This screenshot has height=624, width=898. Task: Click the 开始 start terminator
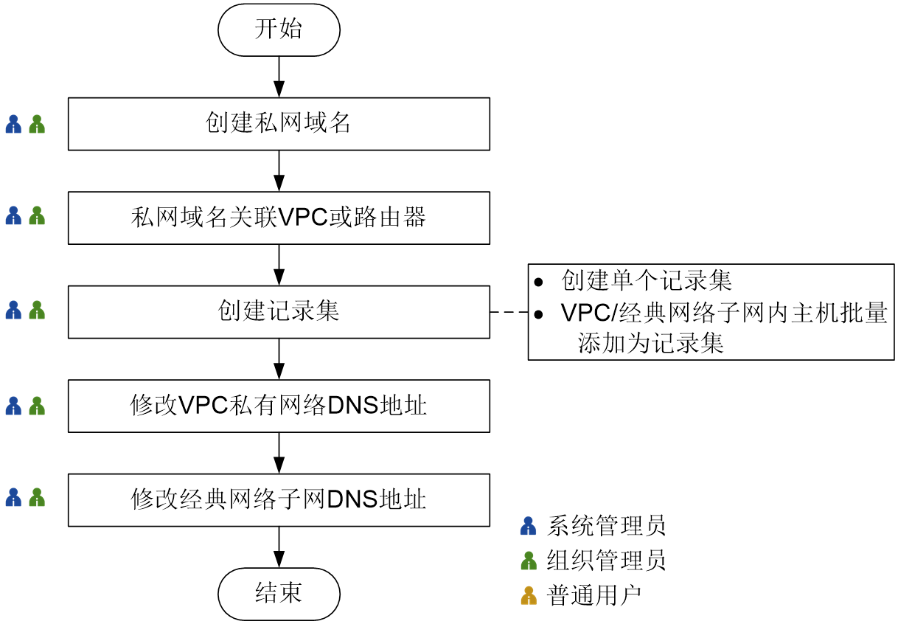279,30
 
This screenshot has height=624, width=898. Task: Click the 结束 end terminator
279,594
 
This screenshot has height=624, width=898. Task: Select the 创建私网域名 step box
279,124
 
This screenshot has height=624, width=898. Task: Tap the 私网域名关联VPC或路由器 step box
279,218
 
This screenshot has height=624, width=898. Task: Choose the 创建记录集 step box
279,312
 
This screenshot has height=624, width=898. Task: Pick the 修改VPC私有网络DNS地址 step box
279,406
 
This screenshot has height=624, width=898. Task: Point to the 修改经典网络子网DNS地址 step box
279,500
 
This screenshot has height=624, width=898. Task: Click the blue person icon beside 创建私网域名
13,124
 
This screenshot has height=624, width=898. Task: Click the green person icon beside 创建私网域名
37,124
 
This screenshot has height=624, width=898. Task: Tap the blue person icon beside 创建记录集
13,311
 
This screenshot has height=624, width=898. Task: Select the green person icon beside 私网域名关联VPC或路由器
37,216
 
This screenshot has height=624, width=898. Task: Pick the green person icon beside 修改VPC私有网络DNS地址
37,406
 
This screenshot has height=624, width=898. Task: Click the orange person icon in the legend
528,596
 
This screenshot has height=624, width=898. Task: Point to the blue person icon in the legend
528,526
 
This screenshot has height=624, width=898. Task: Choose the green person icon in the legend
528,561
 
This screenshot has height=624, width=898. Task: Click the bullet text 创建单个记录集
647,281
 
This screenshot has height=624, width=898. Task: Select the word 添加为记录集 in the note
651,344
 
